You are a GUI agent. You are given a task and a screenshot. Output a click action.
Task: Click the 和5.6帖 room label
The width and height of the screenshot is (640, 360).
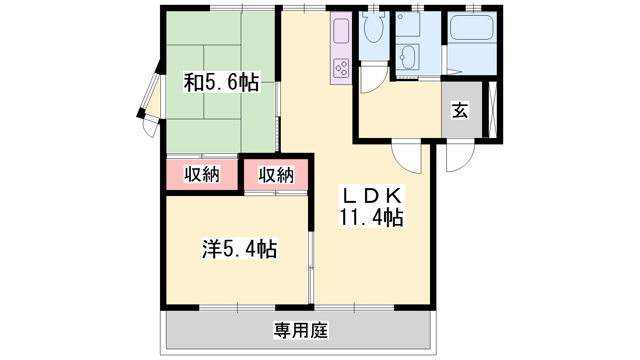222,82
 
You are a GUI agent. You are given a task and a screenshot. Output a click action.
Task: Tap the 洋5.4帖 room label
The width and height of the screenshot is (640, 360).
240,248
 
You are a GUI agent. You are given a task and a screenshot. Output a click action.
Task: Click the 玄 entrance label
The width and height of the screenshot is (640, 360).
460,110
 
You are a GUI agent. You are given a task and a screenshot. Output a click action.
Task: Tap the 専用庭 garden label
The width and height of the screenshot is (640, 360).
300,330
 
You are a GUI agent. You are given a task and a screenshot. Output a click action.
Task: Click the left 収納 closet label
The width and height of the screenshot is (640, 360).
202,174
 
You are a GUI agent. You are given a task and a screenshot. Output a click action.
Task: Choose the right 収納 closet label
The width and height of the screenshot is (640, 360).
276,174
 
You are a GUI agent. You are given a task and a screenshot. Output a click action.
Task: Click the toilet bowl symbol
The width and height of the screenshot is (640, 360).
374,27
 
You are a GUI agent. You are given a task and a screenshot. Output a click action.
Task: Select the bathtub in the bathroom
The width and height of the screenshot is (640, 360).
472,27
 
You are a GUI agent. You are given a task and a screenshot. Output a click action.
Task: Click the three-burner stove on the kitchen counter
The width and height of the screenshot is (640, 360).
342,68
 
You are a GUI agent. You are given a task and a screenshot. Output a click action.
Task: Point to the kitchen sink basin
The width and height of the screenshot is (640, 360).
341,31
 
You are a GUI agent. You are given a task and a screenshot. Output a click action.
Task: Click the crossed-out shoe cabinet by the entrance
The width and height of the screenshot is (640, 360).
493,110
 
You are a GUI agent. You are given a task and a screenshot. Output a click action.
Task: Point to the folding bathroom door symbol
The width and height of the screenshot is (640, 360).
454,72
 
